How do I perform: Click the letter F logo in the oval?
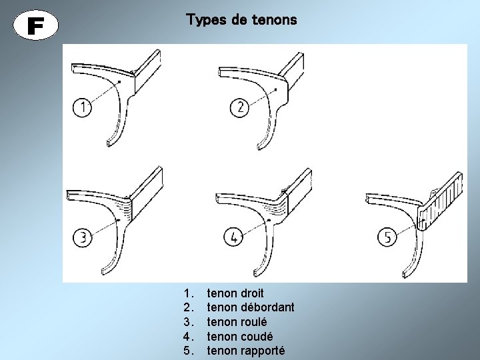pyautogui.click(x=37, y=26)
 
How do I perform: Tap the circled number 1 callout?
pyautogui.click(x=82, y=107)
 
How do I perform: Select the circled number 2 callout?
pyautogui.click(x=240, y=107)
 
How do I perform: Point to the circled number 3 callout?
pyautogui.click(x=82, y=237)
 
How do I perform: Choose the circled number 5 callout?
pyautogui.click(x=388, y=236)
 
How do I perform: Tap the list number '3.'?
pyautogui.click(x=189, y=322)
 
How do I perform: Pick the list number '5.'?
pyautogui.click(x=189, y=351)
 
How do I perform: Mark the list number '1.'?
pyautogui.click(x=189, y=293)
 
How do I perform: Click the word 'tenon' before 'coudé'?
pyautogui.click(x=221, y=336)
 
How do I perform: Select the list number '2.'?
pyautogui.click(x=189, y=307)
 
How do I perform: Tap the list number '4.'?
pyautogui.click(x=189, y=336)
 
